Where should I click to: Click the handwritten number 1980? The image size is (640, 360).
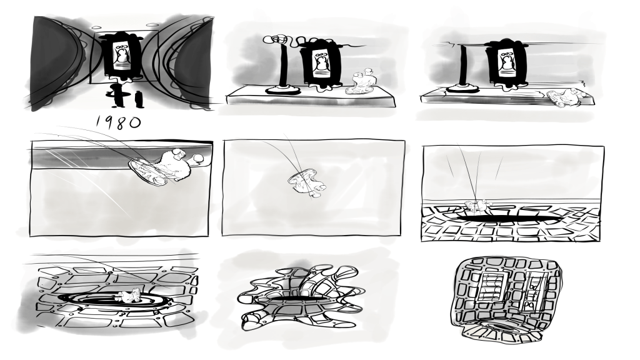click(x=119, y=122)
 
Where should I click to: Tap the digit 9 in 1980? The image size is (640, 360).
click(x=108, y=122)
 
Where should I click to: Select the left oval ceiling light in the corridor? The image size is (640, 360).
click(x=97, y=27)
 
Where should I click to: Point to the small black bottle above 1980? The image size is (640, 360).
click(x=138, y=99)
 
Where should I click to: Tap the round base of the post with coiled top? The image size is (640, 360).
click(x=282, y=90)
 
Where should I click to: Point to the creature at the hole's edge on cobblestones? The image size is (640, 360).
click(x=476, y=206)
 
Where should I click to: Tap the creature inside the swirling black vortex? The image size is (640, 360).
click(x=129, y=295)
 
